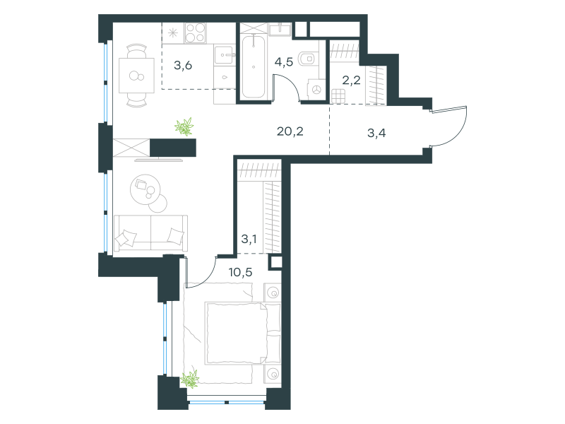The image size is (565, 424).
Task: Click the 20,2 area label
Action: pos(290,131)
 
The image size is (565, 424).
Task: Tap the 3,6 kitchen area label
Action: pos(183,65)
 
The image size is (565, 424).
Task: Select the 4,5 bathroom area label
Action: pos(284,62)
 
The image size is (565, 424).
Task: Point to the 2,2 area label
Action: pos(351,80)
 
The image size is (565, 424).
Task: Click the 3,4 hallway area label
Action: pos(376,133)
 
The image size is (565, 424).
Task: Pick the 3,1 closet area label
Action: pos(249,239)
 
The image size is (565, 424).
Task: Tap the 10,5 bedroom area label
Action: pos(240,272)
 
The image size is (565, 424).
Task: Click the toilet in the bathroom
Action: pos(307,58)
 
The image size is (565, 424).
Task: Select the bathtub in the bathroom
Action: pos(254,66)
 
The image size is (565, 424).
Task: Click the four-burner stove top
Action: pos(196,33)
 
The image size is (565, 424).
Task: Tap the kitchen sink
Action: pos(223,55)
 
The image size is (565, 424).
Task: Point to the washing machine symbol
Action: pos(316,90)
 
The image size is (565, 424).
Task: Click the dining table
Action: pos(136,76)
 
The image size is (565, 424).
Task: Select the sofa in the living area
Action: pos(150,233)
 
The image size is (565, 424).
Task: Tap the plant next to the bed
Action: pos(190,379)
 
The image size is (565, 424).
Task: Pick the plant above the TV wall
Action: pos(184,127)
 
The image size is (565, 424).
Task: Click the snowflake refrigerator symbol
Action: pos(173,33)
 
